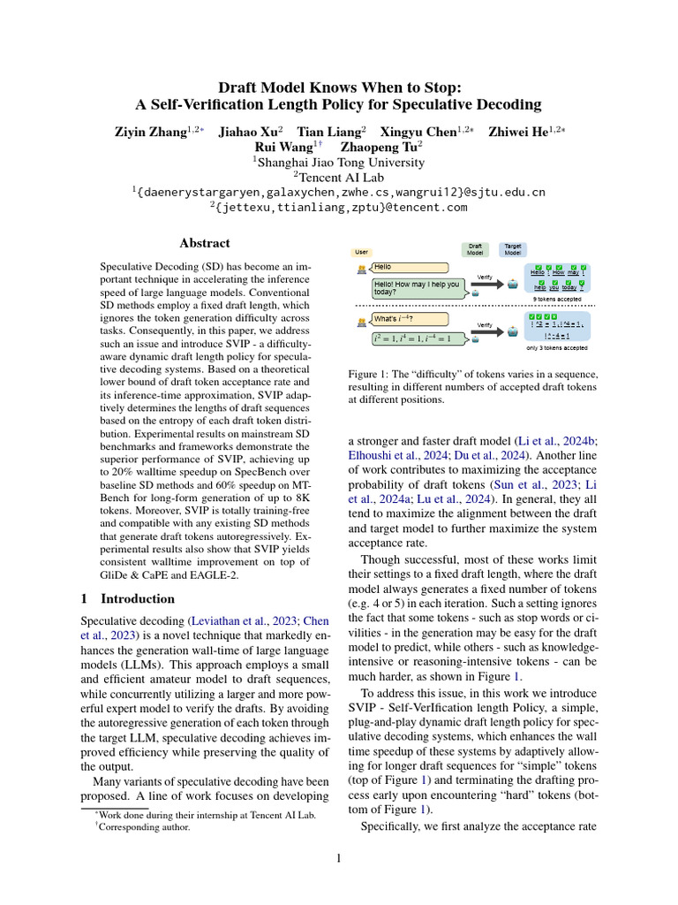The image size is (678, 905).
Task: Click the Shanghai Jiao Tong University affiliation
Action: [340, 162]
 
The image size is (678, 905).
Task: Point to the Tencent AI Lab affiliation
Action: [340, 177]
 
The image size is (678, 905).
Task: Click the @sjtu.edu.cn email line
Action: [340, 192]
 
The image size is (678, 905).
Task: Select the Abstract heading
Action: [204, 243]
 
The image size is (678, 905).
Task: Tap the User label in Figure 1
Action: [361, 252]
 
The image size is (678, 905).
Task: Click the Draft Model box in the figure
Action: [475, 250]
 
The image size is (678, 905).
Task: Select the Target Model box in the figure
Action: [512, 250]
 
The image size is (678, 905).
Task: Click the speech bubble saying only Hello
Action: [410, 266]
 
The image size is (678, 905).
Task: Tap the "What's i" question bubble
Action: [410, 318]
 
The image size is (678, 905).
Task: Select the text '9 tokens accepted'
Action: [557, 300]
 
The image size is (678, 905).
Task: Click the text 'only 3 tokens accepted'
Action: [557, 348]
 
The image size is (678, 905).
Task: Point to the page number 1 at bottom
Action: [339, 858]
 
